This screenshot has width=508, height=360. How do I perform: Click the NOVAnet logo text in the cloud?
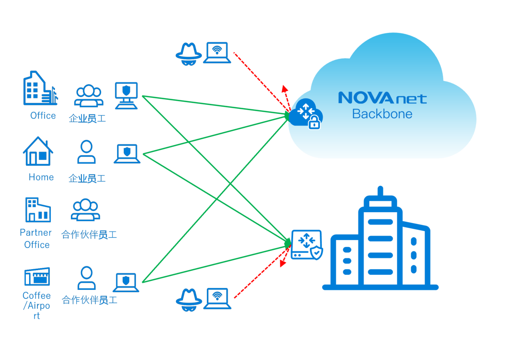[x=382, y=98]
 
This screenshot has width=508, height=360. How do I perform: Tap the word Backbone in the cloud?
[x=382, y=114]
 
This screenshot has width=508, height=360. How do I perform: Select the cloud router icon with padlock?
[x=307, y=114]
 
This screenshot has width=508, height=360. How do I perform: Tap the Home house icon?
[x=38, y=152]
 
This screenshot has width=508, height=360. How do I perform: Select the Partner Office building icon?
[x=38, y=210]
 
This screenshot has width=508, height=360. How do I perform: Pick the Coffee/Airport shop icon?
[x=37, y=277]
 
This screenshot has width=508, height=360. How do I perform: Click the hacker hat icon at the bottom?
[x=189, y=298]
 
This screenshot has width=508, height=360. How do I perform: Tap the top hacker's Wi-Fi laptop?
[x=217, y=52]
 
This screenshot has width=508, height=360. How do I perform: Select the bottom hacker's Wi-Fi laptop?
[x=217, y=298]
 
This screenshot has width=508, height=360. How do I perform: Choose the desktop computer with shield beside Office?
[x=127, y=96]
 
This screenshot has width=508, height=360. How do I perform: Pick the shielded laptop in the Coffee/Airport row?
[x=126, y=282]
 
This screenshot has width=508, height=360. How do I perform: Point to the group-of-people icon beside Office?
[x=88, y=96]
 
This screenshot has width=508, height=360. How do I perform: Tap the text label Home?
[x=41, y=177]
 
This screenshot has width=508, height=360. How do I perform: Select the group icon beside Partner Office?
[x=85, y=210]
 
